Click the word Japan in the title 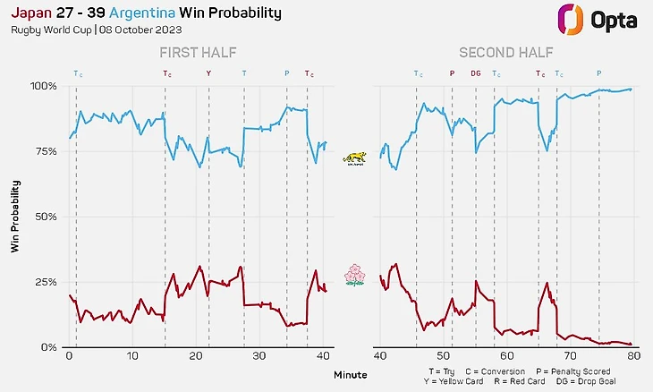[x=30, y=13]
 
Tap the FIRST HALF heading [x=198, y=53]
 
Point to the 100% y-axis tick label [x=43, y=86]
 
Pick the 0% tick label [x=48, y=347]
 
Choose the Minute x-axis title [x=351, y=374]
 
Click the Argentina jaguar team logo [x=355, y=158]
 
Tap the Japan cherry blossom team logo [x=355, y=275]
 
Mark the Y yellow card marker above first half [x=209, y=73]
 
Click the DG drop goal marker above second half [x=476, y=73]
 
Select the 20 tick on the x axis [x=197, y=357]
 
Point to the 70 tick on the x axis [x=570, y=357]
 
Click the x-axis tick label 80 [x=633, y=357]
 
